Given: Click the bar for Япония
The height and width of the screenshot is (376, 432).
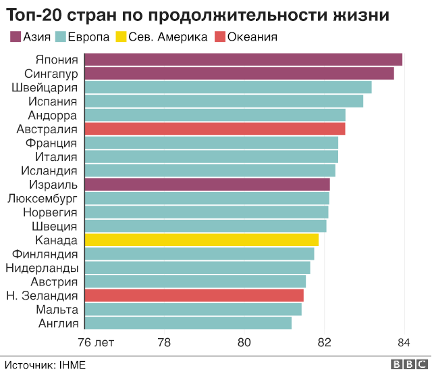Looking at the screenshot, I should point(243,60).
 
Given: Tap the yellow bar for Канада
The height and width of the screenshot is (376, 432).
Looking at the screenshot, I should point(201,240).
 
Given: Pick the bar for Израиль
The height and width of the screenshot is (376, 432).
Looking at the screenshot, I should point(207,185).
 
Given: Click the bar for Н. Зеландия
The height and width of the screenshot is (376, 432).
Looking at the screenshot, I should point(194,296).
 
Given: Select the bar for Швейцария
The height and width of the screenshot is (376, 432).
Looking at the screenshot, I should point(228,87).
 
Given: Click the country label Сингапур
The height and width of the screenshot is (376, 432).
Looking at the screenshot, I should point(51,74).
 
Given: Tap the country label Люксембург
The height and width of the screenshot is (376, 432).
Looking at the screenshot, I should point(42,198).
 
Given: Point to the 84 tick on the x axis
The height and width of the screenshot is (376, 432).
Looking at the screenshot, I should point(404,343).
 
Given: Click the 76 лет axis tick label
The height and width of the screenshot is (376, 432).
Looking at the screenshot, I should point(96,343).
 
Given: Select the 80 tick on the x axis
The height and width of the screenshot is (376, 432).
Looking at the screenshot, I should point(244,343).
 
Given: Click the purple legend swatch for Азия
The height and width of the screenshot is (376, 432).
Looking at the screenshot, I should point(15,37).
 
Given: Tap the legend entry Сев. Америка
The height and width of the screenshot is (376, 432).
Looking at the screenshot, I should point(167,37).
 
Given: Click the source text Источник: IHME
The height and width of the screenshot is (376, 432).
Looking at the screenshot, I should point(46,365).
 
